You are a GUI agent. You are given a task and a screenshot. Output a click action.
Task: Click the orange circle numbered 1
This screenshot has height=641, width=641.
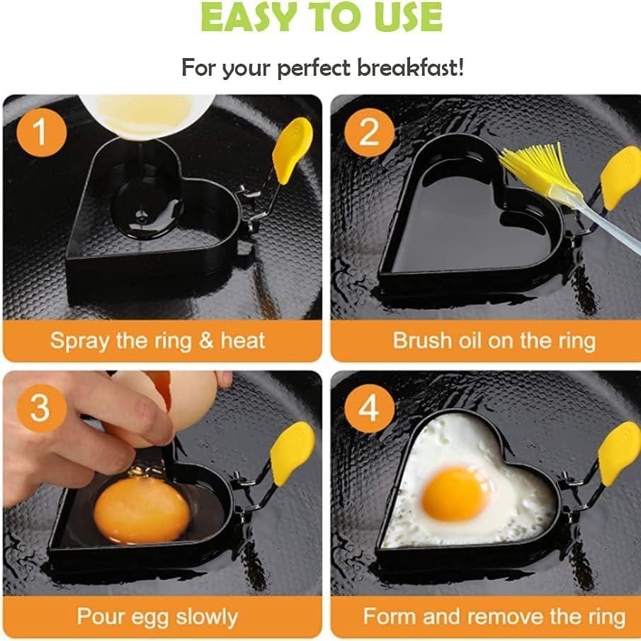41,132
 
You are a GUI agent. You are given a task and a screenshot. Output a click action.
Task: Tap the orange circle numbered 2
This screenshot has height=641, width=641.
369,132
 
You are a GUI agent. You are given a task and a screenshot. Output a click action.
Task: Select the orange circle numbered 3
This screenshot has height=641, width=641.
41,409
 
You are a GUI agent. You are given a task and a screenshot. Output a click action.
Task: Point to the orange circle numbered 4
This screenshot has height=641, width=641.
369,409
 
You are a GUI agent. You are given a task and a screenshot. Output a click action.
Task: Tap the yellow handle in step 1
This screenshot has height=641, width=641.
292,150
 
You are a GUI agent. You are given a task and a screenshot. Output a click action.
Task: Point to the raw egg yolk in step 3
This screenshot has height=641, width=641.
142,510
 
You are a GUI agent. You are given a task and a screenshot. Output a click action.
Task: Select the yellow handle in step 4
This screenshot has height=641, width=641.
618,454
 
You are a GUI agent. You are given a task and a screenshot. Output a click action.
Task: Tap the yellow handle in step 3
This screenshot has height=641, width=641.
292,454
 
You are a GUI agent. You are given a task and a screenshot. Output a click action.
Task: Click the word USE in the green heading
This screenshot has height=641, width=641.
409,17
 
